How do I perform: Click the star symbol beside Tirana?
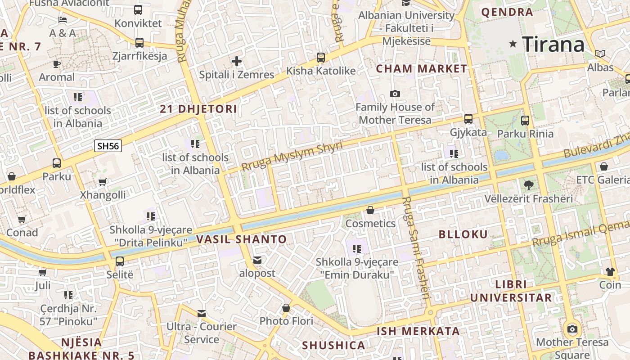pyautogui.click(x=513, y=44)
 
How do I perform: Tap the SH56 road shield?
pyautogui.click(x=108, y=146)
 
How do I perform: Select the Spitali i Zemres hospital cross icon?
pyautogui.click(x=237, y=61)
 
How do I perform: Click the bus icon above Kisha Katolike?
pyautogui.click(x=320, y=57)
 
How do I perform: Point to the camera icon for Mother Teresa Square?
pyautogui.click(x=572, y=329)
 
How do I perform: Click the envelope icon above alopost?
pyautogui.click(x=257, y=260)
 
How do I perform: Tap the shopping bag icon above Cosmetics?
pyautogui.click(x=370, y=210)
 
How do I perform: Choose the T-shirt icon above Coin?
pyautogui.click(x=610, y=271)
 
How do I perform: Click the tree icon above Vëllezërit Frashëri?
pyautogui.click(x=529, y=185)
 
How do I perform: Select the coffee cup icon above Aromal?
pyautogui.click(x=57, y=64)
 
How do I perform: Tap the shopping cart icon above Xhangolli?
pyautogui.click(x=103, y=182)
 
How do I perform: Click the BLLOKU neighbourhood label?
pyautogui.click(x=463, y=234)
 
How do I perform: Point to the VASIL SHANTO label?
pyautogui.click(x=242, y=239)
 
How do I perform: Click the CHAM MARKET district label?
pyautogui.click(x=422, y=69)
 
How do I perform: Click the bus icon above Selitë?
pyautogui.click(x=120, y=261)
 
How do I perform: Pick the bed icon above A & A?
pyautogui.click(x=63, y=20)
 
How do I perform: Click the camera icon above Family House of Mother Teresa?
pyautogui.click(x=395, y=94)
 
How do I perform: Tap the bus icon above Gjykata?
pyautogui.click(x=468, y=119)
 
